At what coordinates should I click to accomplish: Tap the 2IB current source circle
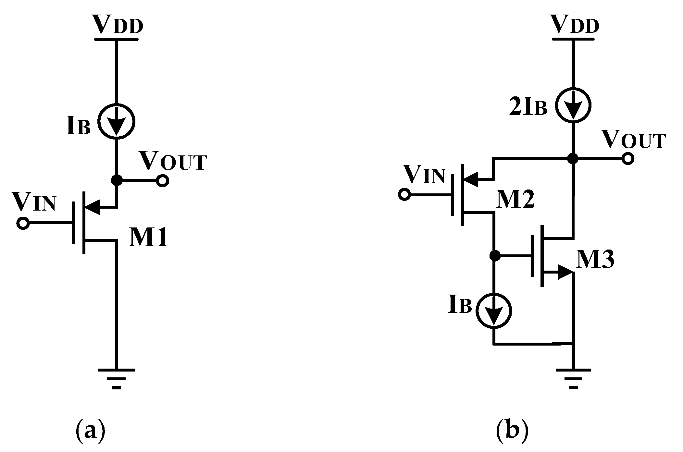[573, 105]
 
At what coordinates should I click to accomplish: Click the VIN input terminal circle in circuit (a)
[23, 223]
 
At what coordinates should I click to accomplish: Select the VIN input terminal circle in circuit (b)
[404, 195]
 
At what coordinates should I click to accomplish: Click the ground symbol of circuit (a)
[117, 378]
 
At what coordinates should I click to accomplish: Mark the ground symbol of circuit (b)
[573, 378]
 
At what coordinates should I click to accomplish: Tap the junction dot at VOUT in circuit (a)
[117, 180]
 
